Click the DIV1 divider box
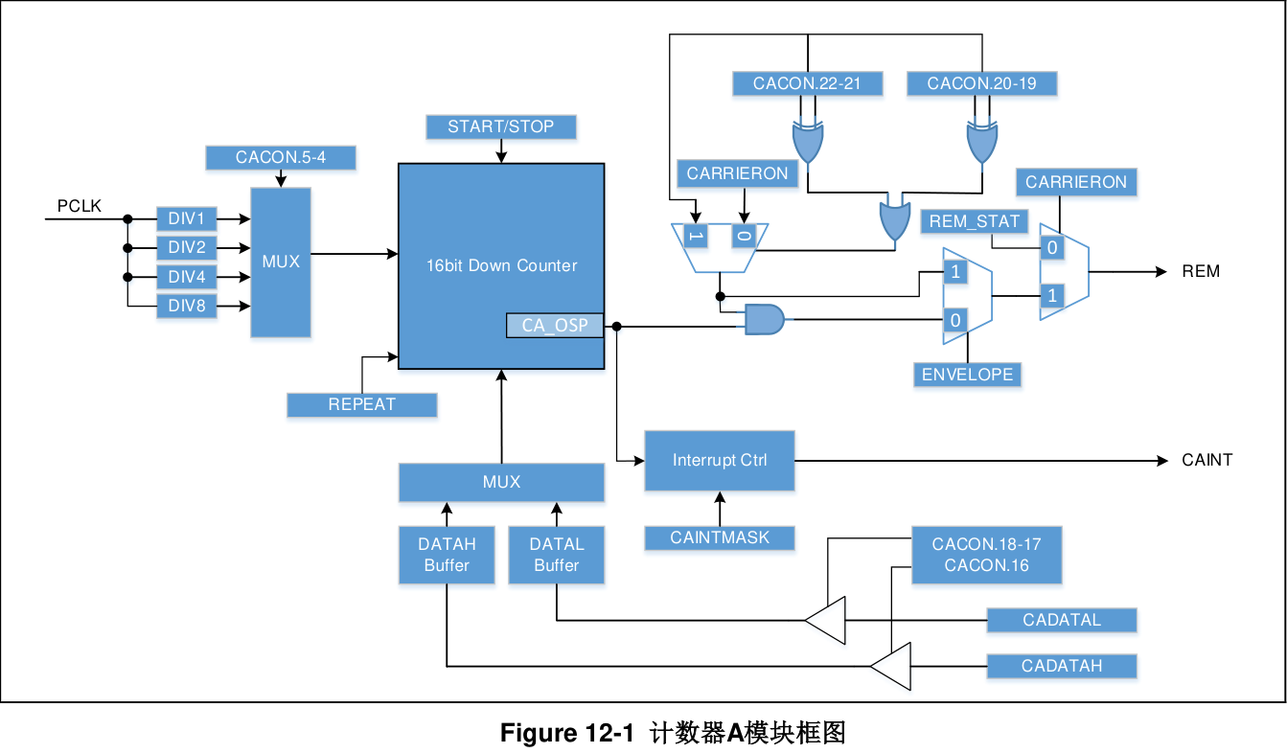pos(187,218)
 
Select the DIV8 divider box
pos(187,307)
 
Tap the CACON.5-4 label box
pos(281,157)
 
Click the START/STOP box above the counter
pos(500,126)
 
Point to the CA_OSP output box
pos(555,326)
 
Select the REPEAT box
pos(361,404)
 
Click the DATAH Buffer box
pos(447,555)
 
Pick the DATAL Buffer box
pos(557,555)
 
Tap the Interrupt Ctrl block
pos(720,461)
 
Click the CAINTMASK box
pos(720,537)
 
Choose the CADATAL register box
pos(1062,620)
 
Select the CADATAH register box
pos(1062,666)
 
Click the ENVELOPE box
pos(967,375)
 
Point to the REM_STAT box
pos(975,222)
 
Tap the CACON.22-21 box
pos(807,83)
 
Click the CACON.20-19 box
pos(981,83)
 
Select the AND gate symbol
pos(764,319)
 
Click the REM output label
pos(1201,271)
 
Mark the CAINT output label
pos(1207,461)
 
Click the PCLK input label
pos(80,206)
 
